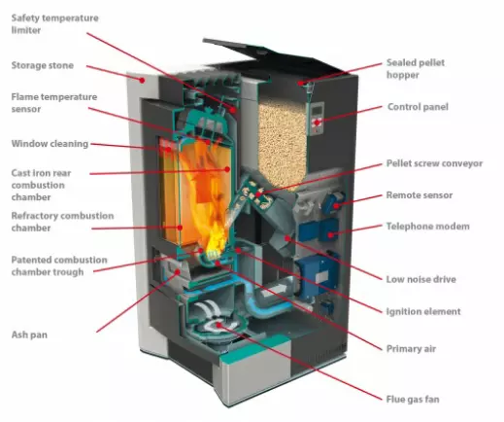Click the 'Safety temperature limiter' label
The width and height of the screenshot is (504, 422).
coord(54,23)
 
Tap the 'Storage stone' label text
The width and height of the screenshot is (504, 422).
coord(43,65)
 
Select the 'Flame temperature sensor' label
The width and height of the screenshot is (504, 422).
coord(54,102)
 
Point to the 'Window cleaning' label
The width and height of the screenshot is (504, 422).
coord(50,144)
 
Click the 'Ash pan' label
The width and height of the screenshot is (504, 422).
coord(29,334)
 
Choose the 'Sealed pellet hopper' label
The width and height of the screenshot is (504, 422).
coord(416,68)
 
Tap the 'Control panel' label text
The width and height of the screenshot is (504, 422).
coord(418,107)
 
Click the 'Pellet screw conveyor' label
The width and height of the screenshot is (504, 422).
coord(434,163)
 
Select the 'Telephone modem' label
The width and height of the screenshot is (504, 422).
coord(427,226)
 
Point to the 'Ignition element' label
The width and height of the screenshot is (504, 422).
coord(423,311)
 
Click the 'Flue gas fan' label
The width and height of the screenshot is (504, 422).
coord(413,399)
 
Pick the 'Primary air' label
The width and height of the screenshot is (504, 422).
coord(411,348)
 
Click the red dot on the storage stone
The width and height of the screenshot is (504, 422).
coord(142,80)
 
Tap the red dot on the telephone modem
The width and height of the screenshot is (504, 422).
coord(330,234)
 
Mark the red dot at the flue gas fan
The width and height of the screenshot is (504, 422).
coord(219,325)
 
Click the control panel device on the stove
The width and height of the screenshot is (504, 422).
coord(317,119)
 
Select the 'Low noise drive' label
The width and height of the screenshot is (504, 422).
coord(420,279)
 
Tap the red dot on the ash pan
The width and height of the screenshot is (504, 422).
coord(178,271)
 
